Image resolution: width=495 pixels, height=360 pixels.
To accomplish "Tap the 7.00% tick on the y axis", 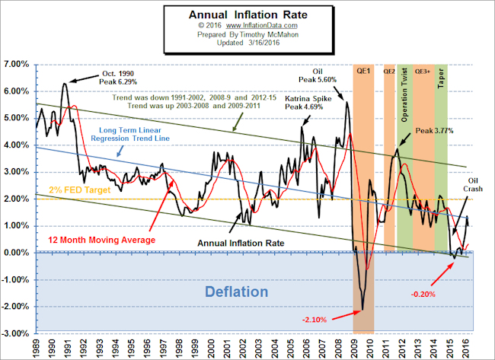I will coord(16,64).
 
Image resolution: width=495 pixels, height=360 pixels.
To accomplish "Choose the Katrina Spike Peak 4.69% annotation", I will coord(308,104).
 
